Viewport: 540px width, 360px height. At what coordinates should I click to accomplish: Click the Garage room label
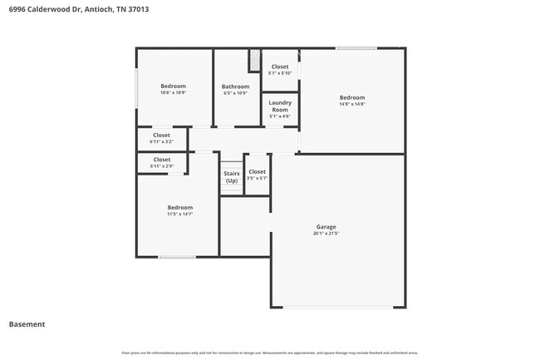click(326, 226)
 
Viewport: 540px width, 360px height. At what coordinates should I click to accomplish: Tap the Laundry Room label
click(280, 106)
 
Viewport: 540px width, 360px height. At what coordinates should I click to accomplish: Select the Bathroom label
click(235, 86)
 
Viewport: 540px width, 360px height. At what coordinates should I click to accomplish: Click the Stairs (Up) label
click(231, 177)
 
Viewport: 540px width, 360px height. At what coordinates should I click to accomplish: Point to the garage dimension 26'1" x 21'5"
click(326, 234)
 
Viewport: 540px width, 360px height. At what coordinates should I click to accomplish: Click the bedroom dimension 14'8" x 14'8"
click(351, 104)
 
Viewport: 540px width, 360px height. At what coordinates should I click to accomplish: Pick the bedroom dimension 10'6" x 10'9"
click(173, 93)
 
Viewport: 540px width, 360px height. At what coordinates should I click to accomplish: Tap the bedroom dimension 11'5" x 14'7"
click(179, 215)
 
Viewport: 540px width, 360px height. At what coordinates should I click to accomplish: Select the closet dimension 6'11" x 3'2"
click(161, 142)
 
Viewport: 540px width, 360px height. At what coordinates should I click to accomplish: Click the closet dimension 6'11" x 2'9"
click(161, 166)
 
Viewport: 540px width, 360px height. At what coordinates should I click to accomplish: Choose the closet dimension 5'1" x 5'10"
click(280, 73)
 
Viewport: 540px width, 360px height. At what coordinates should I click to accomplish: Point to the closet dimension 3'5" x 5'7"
click(258, 178)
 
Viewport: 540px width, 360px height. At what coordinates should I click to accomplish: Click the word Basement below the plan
click(27, 324)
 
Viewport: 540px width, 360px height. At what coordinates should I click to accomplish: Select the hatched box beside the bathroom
click(255, 61)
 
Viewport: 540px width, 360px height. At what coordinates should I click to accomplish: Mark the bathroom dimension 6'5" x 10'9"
click(235, 93)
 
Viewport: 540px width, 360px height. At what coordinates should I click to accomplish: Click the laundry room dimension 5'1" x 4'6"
click(280, 116)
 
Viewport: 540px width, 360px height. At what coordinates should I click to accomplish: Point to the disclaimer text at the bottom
click(270, 353)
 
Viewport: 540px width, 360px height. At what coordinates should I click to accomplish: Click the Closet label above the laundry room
click(280, 67)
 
